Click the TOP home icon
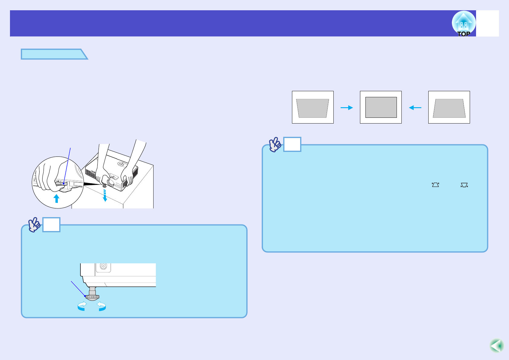(x=464, y=24)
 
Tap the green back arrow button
(x=497, y=346)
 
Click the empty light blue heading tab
(x=54, y=54)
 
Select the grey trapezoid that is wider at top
(x=313, y=108)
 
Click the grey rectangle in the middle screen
(x=381, y=107)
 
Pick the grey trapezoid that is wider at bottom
(x=449, y=108)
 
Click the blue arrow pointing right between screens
(x=347, y=108)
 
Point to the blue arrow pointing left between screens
(x=415, y=108)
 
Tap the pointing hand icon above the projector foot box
(x=34, y=224)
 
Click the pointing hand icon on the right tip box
(x=275, y=144)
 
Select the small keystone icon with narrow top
(x=435, y=185)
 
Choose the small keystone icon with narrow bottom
(x=464, y=185)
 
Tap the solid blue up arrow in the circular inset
(x=56, y=198)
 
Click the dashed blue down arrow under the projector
(x=105, y=195)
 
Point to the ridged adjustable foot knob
(x=92, y=297)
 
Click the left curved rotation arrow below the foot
(x=82, y=306)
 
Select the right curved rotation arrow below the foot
(x=102, y=306)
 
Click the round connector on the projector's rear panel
(x=103, y=266)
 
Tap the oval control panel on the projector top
(x=122, y=164)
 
